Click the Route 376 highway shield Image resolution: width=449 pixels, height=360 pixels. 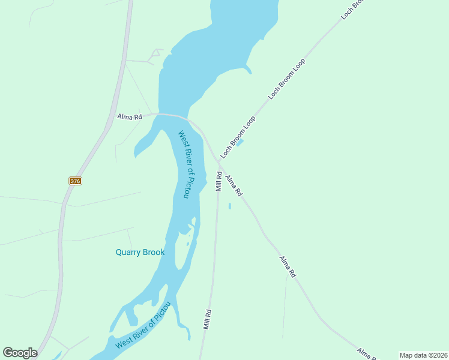click(x=75, y=181)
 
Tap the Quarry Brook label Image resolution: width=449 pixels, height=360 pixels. click(x=140, y=253)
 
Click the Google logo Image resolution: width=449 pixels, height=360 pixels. click(x=20, y=352)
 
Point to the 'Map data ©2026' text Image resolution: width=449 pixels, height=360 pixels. click(x=423, y=355)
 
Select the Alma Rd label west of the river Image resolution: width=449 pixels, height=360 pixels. click(x=129, y=116)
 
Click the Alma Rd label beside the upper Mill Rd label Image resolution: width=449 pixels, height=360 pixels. click(x=234, y=185)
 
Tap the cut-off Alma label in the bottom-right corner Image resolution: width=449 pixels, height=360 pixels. click(x=367, y=354)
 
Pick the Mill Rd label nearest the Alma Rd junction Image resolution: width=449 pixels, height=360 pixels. click(x=218, y=182)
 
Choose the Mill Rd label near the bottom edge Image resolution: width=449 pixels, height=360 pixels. click(x=208, y=319)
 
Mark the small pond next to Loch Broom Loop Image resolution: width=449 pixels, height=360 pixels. click(x=240, y=143)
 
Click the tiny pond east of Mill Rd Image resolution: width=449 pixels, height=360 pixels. click(x=229, y=206)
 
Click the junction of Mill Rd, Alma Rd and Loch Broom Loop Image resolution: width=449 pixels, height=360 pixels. click(x=219, y=163)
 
